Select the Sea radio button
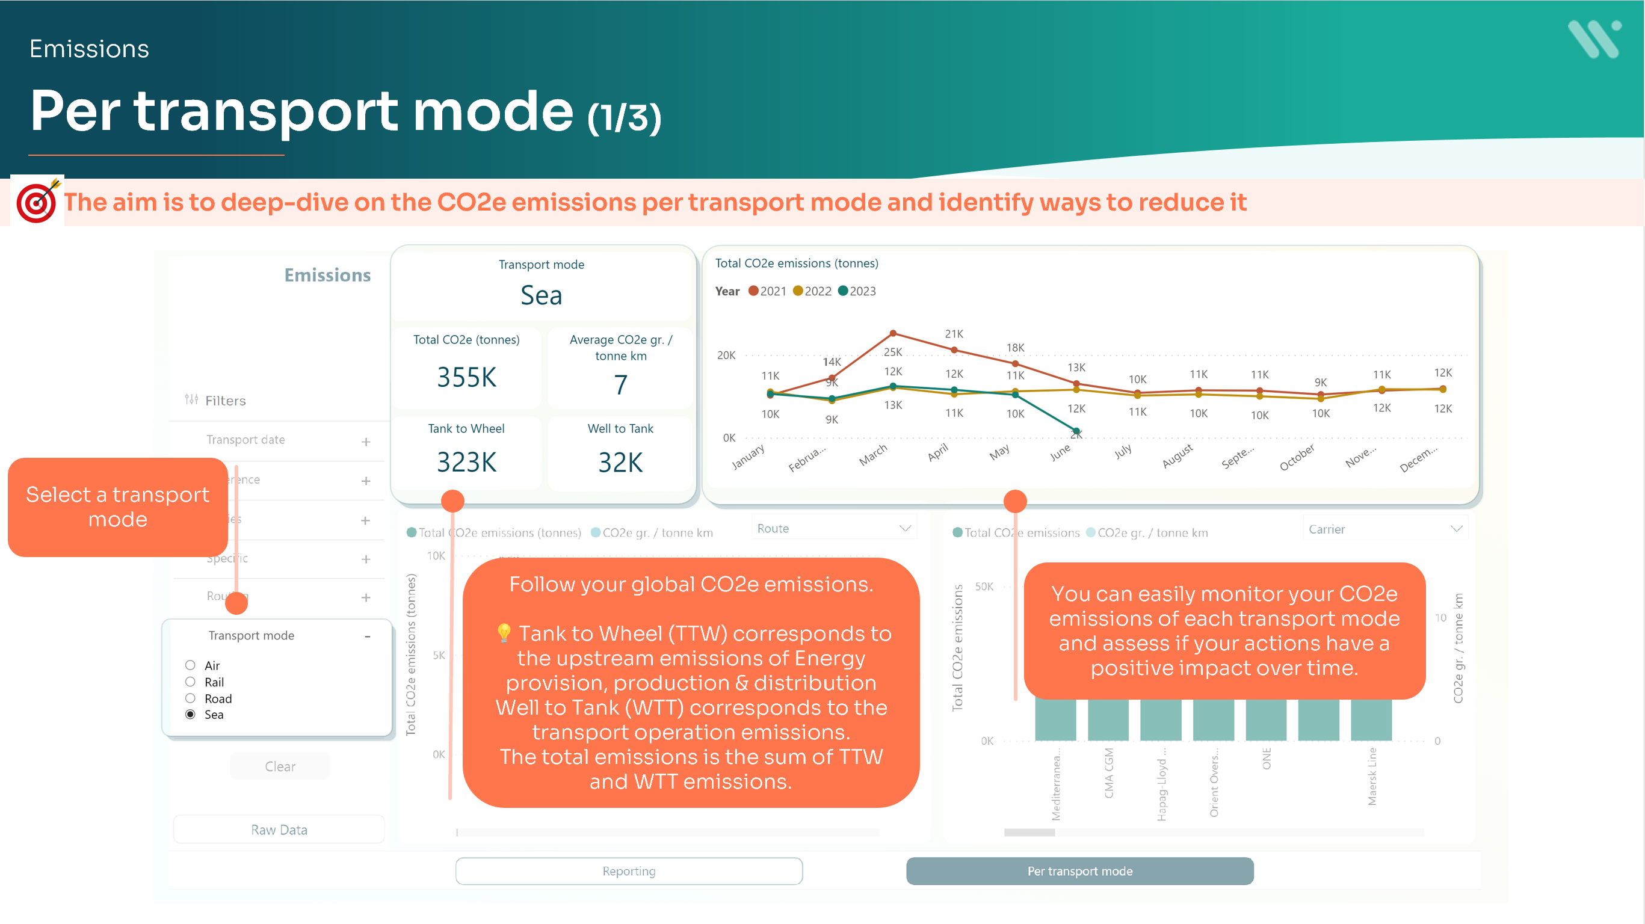pyautogui.click(x=190, y=715)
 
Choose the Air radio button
pyautogui.click(x=190, y=665)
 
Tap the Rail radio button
pyautogui.click(x=190, y=682)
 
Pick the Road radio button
pyautogui.click(x=190, y=698)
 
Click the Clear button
pyautogui.click(x=280, y=766)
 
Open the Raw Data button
pyautogui.click(x=279, y=830)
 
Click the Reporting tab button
pyautogui.click(x=628, y=871)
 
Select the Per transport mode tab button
pyautogui.click(x=1079, y=871)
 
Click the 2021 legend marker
pyautogui.click(x=753, y=291)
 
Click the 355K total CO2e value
pyautogui.click(x=466, y=377)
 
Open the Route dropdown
pyautogui.click(x=833, y=529)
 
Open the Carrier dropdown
pyautogui.click(x=1384, y=529)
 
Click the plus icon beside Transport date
pyautogui.click(x=366, y=442)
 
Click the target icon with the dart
pyautogui.click(x=37, y=201)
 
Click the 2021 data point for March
pyautogui.click(x=893, y=333)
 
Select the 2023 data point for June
pyautogui.click(x=1076, y=431)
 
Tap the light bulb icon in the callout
pyautogui.click(x=504, y=633)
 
